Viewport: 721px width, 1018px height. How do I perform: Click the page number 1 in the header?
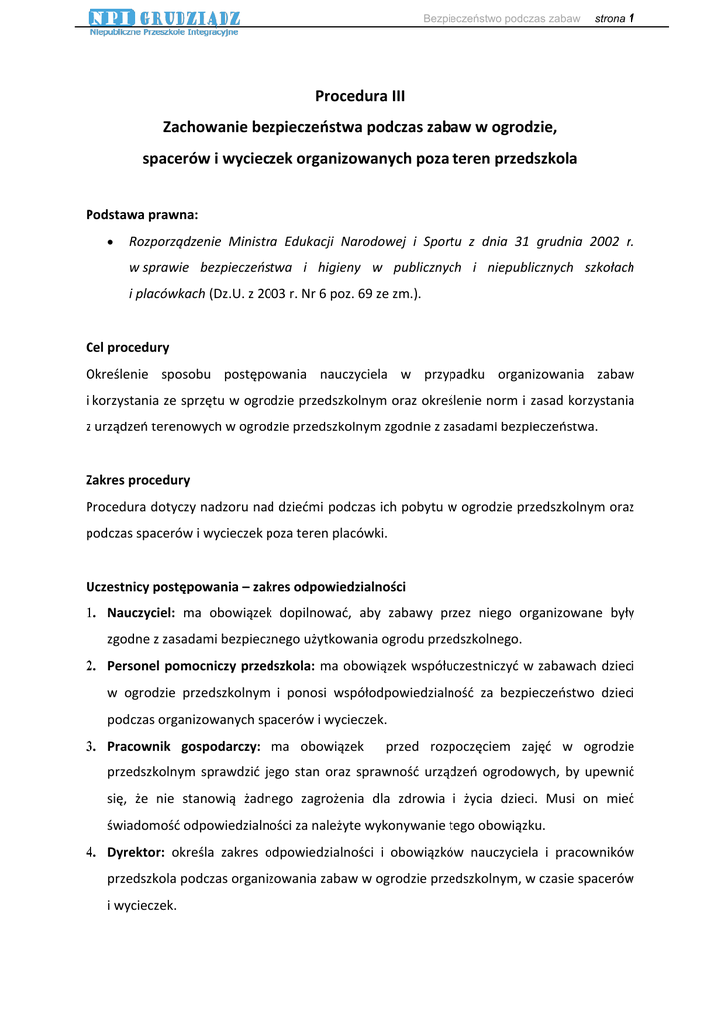coord(631,18)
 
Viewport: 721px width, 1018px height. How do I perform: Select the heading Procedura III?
coord(360,96)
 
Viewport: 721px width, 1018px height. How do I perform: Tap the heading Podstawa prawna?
coord(142,214)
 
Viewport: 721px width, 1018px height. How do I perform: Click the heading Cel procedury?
coord(127,347)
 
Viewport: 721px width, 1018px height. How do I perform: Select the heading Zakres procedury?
coord(137,480)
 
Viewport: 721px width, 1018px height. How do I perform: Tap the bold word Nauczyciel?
coord(141,612)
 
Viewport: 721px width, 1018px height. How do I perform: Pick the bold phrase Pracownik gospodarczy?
coord(184,746)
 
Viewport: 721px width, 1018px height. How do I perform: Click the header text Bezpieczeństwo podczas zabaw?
coord(501,19)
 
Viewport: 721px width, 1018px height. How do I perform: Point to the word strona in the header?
coord(609,19)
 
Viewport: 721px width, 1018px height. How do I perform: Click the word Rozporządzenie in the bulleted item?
coord(175,241)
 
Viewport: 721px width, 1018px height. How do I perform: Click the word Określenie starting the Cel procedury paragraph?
coord(120,374)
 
